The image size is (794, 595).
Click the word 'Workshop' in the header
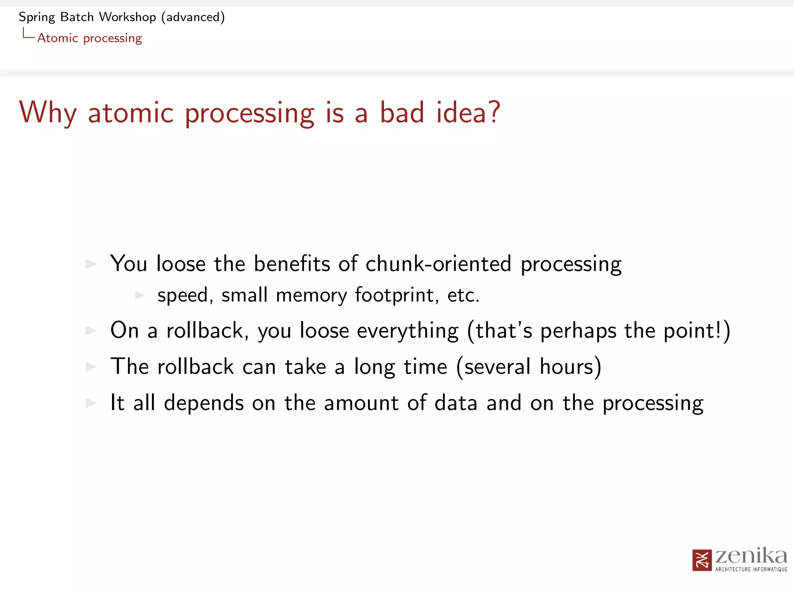(x=128, y=17)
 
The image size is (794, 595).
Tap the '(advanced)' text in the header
(x=193, y=17)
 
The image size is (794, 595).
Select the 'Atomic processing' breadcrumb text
(x=90, y=38)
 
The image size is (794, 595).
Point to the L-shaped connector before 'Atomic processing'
(x=28, y=34)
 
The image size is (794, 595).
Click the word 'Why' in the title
(x=48, y=113)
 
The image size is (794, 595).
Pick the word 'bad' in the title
(x=402, y=113)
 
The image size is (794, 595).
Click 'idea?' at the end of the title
(x=468, y=113)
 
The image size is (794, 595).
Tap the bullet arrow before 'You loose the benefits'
(x=91, y=264)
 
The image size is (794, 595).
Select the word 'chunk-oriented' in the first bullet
(x=438, y=264)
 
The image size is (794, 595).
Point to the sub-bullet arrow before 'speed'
(x=140, y=295)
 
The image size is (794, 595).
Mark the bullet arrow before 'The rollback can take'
(x=91, y=366)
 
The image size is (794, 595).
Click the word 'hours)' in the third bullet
(x=570, y=367)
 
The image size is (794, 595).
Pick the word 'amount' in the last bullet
(x=361, y=403)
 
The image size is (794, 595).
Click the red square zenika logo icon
(x=702, y=560)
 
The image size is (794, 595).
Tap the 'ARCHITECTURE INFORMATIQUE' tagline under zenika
(x=751, y=569)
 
